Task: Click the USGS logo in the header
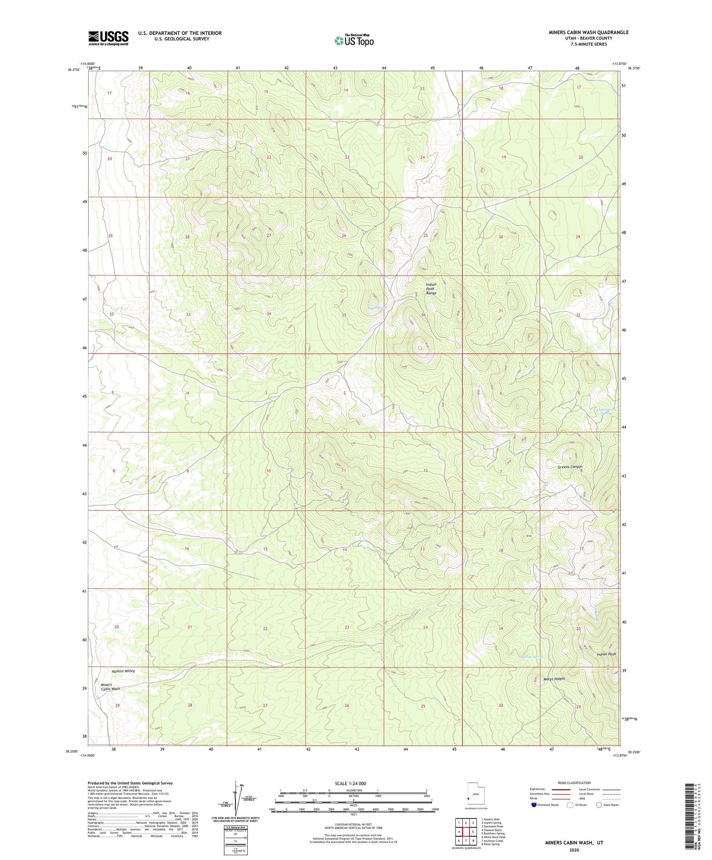(x=108, y=38)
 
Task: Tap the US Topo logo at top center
(x=354, y=40)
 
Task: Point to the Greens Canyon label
(x=570, y=467)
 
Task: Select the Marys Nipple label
(x=553, y=679)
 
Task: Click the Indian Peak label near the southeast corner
(x=606, y=654)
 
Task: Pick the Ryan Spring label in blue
(x=377, y=308)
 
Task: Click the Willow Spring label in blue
(x=532, y=657)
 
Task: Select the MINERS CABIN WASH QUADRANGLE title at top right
(x=588, y=32)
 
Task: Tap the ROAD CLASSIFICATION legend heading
(x=574, y=783)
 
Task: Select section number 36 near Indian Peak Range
(x=423, y=315)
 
